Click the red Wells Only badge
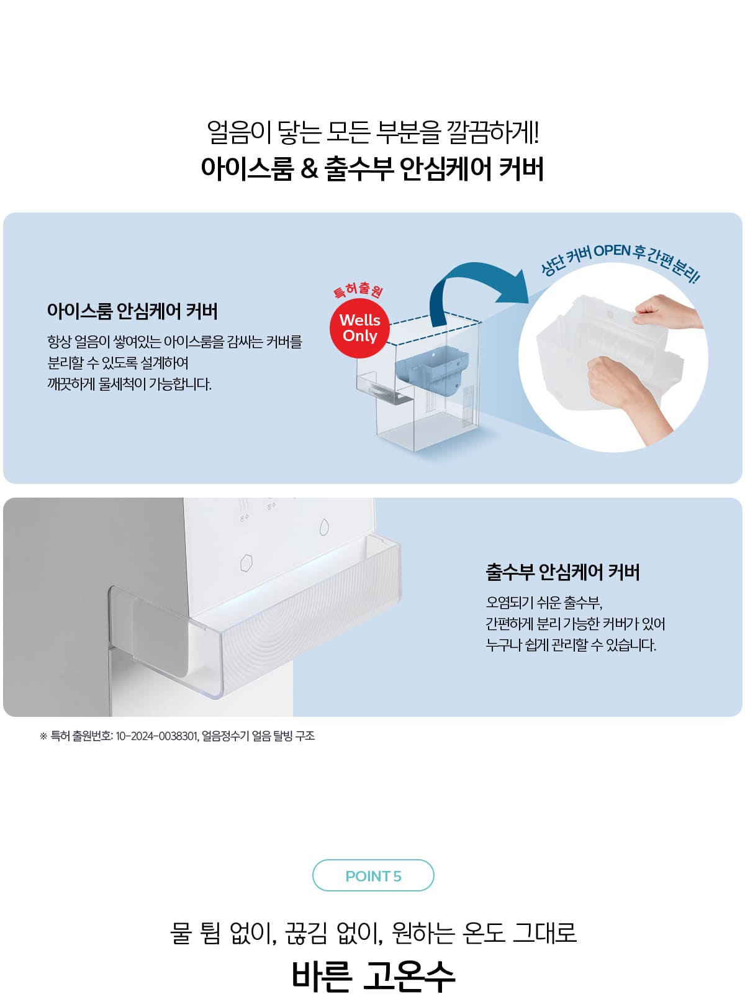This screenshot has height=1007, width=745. coord(359,328)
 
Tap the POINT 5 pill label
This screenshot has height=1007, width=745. coord(373,876)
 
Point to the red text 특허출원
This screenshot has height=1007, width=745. coord(358,290)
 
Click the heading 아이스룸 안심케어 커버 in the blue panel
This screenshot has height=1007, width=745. coord(132,311)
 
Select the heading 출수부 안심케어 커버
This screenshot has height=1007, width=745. coord(562,572)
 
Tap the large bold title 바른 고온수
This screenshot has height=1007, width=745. coord(373,974)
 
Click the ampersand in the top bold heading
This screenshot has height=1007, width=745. coord(309,169)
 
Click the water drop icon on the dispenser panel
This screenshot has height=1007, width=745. coord(324,527)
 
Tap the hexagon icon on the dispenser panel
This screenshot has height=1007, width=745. coord(246,563)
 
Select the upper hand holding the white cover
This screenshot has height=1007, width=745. coord(666,311)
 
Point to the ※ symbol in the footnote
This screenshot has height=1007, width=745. coord(43,736)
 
